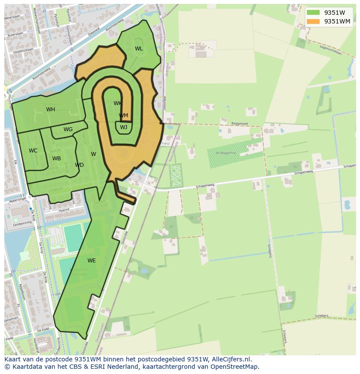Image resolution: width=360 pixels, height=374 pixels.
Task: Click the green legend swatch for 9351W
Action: [x=313, y=13]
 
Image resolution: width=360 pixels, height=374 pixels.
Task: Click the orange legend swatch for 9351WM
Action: [x=313, y=21]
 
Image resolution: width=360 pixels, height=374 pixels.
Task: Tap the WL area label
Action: [x=139, y=49]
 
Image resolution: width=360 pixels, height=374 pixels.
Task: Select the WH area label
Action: [x=50, y=109]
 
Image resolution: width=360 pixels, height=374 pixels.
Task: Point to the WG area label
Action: [x=68, y=129]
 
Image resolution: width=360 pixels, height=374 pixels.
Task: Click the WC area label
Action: [x=33, y=151]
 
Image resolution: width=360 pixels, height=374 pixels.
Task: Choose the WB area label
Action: [x=57, y=159]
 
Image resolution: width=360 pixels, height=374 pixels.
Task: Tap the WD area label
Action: [x=79, y=165]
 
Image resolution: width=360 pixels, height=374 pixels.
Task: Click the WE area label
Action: [x=91, y=261]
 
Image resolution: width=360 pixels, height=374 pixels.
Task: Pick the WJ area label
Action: [x=124, y=127]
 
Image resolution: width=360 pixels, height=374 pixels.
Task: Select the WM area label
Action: [x=123, y=116]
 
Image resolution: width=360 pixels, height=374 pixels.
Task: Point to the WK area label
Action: [x=117, y=103]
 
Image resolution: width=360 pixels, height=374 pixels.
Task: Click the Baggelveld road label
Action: [x=240, y=123]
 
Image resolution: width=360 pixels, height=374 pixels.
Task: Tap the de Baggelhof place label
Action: [x=225, y=153]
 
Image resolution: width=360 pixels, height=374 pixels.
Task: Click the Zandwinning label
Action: [x=22, y=222]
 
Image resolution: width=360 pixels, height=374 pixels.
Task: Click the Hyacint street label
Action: [x=64, y=209]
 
